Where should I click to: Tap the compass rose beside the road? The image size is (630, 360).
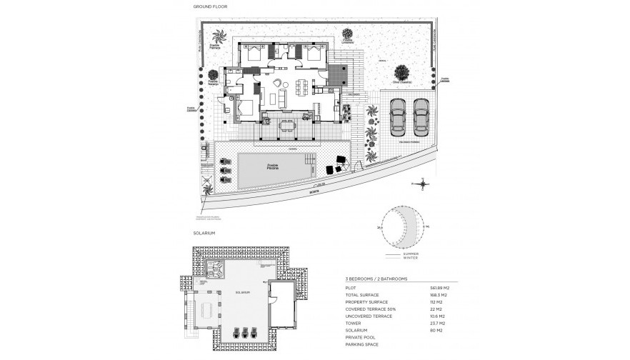pos(424,184)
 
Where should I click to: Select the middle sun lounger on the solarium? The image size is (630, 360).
pos(245,334)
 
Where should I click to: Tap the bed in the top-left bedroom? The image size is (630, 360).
pos(254,52)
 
